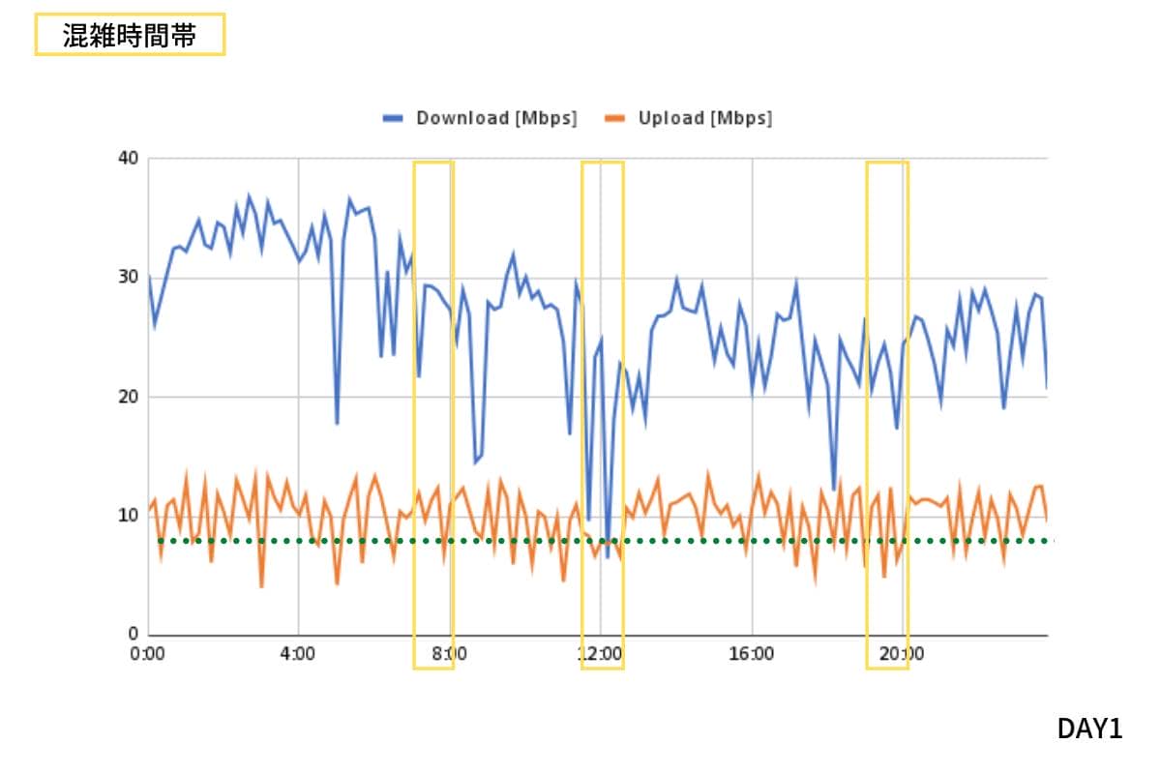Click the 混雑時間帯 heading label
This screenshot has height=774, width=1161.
click(130, 35)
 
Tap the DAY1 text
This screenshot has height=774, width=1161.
click(1090, 729)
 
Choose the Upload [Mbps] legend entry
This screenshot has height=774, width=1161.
click(704, 118)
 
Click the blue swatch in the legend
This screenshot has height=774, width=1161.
click(392, 118)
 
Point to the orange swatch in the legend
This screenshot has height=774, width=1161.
click(614, 118)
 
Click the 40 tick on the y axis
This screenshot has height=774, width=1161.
click(129, 158)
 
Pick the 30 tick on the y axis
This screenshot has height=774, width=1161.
click(129, 277)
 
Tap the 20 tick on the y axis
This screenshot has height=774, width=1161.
click(129, 397)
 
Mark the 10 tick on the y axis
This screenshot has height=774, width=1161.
click(129, 516)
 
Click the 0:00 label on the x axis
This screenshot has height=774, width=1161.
click(148, 654)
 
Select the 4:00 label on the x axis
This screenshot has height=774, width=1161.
click(298, 654)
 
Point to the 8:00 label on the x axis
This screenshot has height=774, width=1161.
click(449, 654)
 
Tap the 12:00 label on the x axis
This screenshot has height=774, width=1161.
click(600, 654)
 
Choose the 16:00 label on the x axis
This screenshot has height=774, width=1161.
click(751, 654)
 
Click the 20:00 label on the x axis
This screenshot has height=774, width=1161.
click(902, 654)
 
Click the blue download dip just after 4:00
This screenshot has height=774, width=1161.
click(337, 423)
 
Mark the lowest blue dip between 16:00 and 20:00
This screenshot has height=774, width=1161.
click(834, 489)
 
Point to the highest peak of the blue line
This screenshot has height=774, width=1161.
click(249, 195)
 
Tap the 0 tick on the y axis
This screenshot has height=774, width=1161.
click(134, 635)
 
